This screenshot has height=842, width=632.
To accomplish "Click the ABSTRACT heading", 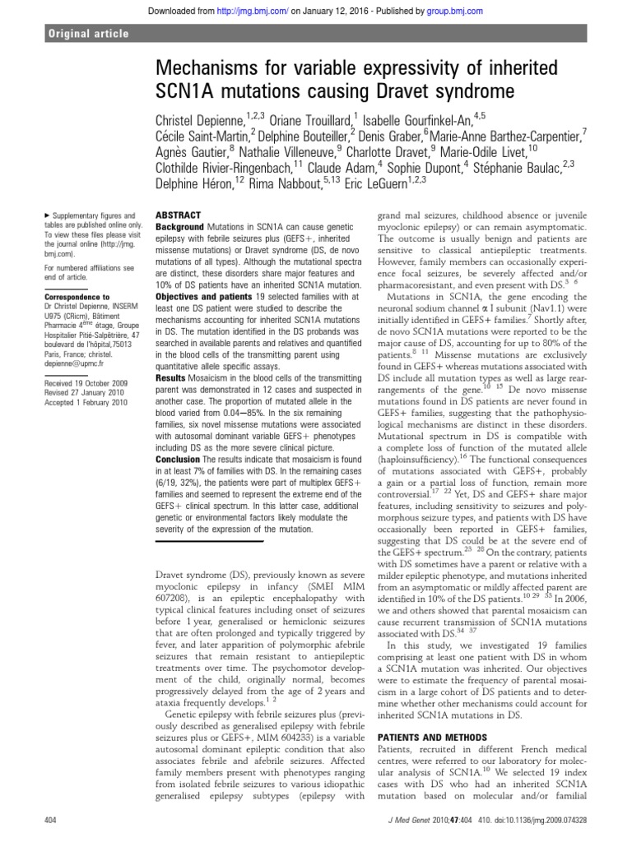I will tap(178, 213).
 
